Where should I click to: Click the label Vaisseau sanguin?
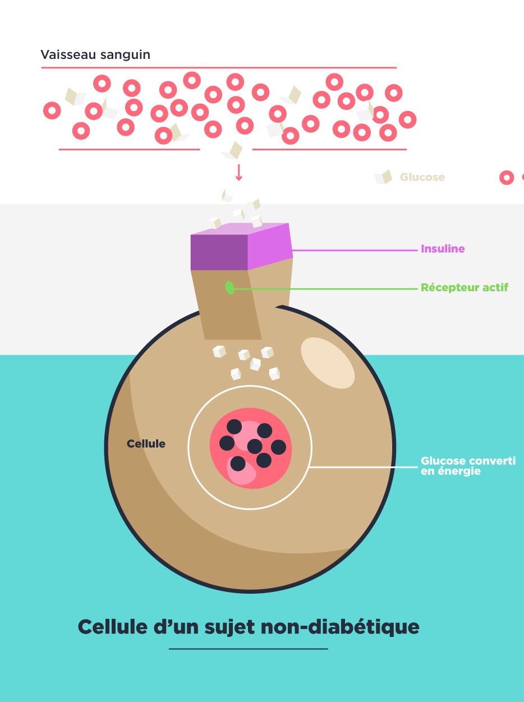click(95, 55)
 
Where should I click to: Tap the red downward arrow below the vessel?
click(238, 172)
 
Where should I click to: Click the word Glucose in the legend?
click(422, 177)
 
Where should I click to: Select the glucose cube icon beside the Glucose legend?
click(383, 177)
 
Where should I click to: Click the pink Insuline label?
click(443, 249)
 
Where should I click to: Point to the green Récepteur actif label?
click(464, 288)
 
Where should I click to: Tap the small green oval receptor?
click(229, 288)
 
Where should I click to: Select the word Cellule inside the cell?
click(146, 444)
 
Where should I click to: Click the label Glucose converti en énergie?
click(467, 466)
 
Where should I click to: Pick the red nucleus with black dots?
click(251, 448)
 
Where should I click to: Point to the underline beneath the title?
click(248, 649)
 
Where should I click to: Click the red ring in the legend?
click(507, 178)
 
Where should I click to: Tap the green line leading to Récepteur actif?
click(325, 289)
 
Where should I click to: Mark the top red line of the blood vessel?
click(219, 68)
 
